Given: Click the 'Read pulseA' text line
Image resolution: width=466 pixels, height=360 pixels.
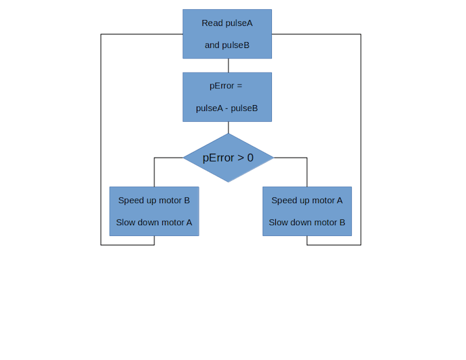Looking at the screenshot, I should [x=227, y=23].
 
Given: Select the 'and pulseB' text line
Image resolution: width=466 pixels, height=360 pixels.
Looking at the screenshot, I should [x=227, y=45].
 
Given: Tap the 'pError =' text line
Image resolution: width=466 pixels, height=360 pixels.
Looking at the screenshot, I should [x=226, y=86].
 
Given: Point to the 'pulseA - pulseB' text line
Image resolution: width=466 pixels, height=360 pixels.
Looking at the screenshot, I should [x=227, y=108].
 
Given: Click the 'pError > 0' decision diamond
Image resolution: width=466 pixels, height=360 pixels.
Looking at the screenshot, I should [x=228, y=158].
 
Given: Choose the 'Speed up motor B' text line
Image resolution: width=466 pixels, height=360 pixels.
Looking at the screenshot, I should [x=154, y=200].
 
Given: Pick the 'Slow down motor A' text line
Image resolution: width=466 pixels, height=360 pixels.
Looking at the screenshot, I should [x=154, y=222].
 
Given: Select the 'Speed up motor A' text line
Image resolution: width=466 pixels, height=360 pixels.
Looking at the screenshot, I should [x=307, y=200].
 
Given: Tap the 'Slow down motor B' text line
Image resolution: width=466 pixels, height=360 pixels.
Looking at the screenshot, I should [x=307, y=222].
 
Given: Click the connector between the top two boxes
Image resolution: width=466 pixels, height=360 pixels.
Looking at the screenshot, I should [x=228, y=66].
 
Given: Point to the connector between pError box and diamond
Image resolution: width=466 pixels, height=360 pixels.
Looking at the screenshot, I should [x=228, y=128].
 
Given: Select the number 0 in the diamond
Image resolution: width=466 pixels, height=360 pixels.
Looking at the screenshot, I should [x=250, y=158].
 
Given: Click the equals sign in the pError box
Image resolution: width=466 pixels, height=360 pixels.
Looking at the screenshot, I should [x=239, y=86].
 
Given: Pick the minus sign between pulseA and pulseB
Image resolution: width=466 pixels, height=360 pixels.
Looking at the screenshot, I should [x=227, y=108].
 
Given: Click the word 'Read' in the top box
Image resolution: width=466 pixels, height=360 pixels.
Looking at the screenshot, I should [x=212, y=23].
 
